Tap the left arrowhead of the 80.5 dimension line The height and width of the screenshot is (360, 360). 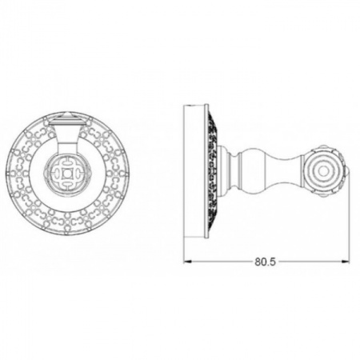(190, 261)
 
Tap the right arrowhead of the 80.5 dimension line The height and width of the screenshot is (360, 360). (346, 261)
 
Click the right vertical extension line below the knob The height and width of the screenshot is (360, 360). (349, 224)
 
